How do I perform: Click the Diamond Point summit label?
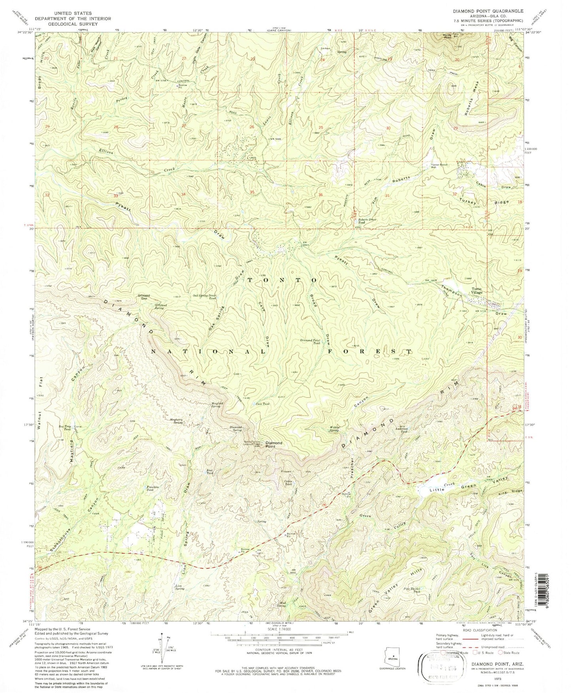tap(273, 445)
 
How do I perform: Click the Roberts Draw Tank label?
tap(365, 221)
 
